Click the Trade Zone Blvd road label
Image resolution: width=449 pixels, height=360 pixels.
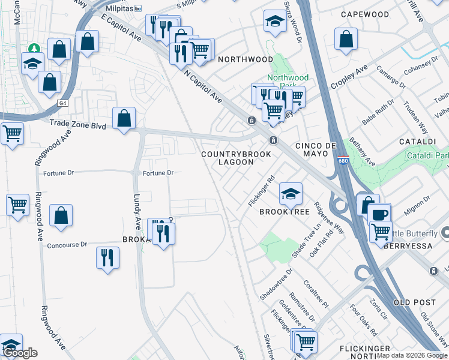point(78,126)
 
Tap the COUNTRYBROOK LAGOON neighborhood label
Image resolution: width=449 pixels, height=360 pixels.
point(236,158)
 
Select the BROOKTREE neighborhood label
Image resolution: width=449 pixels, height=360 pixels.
point(284,212)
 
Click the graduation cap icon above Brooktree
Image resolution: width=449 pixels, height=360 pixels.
point(291,194)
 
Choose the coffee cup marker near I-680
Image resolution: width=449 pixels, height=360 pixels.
point(379,214)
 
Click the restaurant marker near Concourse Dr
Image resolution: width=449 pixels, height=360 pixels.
point(108,258)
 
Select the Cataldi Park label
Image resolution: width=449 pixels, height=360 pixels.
point(433,155)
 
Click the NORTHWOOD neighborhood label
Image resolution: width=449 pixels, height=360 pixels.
point(245,59)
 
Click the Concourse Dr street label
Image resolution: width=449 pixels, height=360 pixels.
point(67,245)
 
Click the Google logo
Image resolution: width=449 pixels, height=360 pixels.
point(20,353)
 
